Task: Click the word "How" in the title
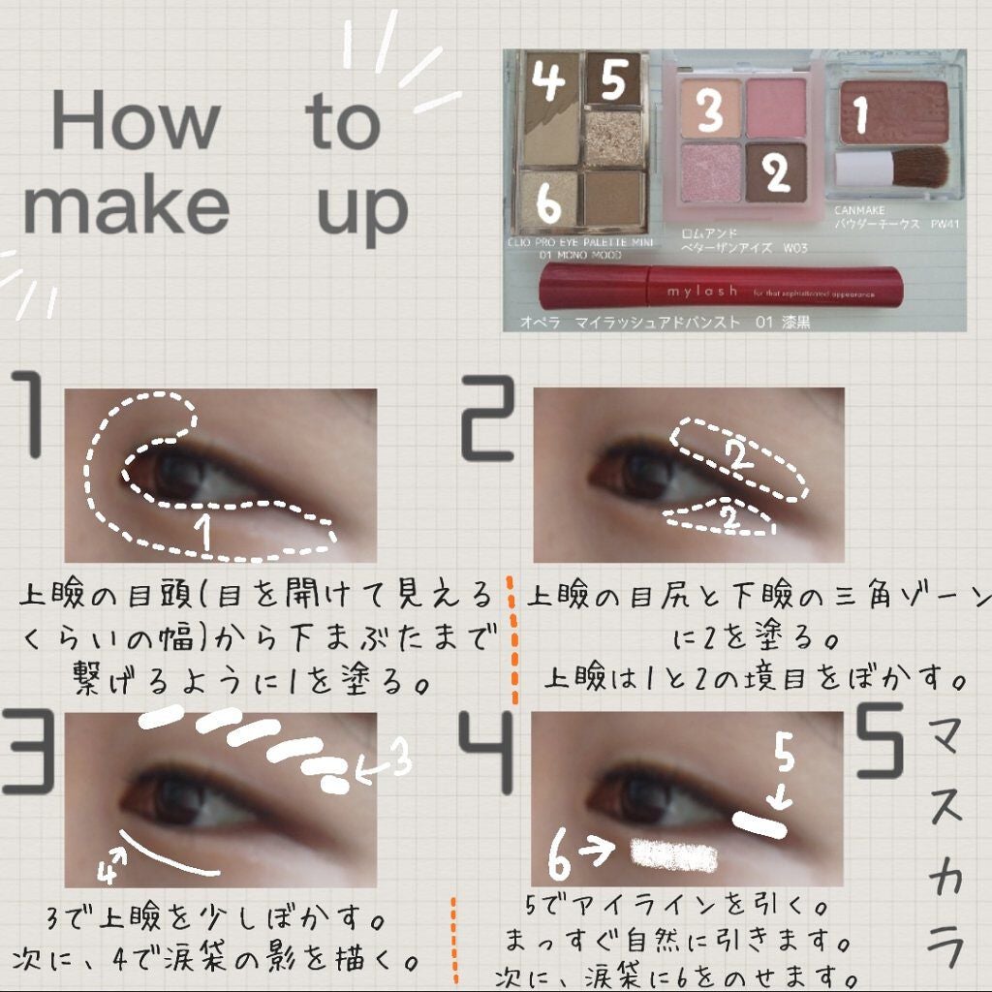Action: (x=135, y=120)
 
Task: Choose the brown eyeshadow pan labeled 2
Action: (x=776, y=171)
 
